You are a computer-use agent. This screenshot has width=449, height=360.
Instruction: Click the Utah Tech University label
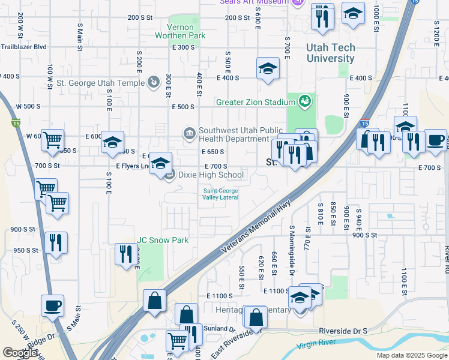pos(330,53)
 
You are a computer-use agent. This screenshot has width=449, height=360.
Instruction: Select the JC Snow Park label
pos(163,241)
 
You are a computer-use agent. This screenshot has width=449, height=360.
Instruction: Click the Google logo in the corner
pos(20,352)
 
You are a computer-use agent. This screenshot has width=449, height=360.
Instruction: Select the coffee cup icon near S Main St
pos(52,305)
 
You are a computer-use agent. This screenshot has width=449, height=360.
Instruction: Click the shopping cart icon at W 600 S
pos(53,140)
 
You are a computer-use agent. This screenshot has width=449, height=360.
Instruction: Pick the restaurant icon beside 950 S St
pos(56,242)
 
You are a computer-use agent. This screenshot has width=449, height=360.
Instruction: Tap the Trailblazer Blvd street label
pos(24,47)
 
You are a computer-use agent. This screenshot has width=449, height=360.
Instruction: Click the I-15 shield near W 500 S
pos(16,124)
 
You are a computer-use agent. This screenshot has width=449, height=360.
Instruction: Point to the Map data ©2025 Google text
pos(411,355)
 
